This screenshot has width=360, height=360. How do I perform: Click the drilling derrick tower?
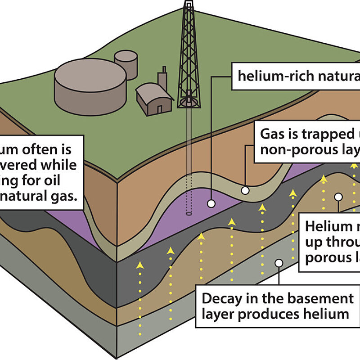tap(189, 54)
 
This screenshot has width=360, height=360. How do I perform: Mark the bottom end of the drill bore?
tap(189, 213)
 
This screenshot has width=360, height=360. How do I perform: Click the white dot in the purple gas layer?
tap(210, 203)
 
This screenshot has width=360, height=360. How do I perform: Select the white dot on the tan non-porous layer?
tap(245, 191)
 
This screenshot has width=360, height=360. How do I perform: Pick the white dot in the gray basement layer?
tap(279, 262)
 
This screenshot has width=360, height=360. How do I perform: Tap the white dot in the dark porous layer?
tap(338, 197)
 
